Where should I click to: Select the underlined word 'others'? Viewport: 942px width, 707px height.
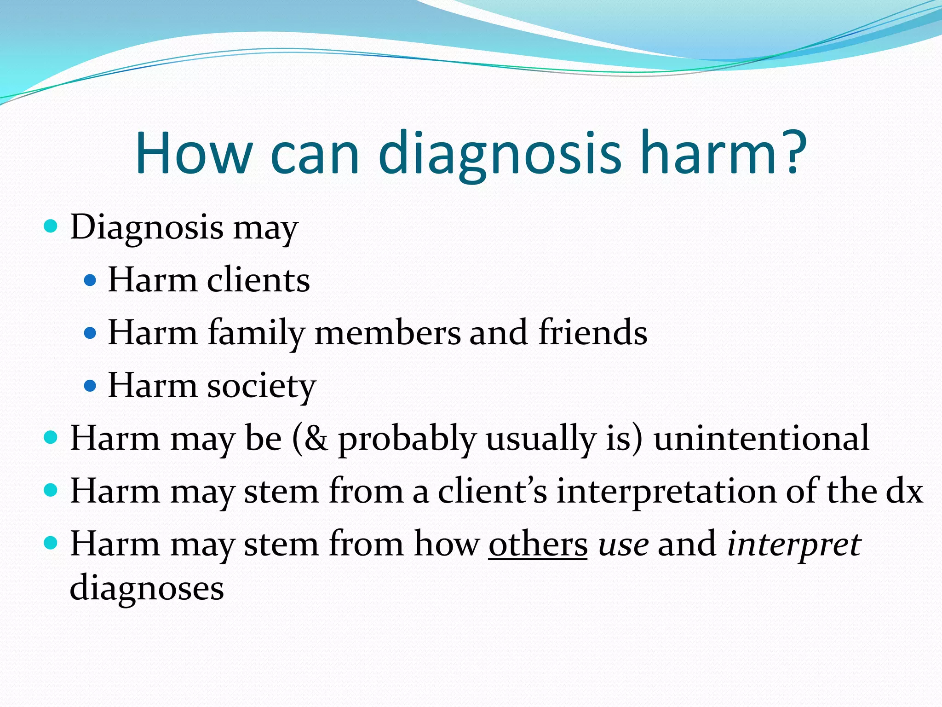(x=538, y=544)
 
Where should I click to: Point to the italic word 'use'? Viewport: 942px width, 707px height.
(x=623, y=545)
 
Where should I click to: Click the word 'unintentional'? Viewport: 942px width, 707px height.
(x=761, y=438)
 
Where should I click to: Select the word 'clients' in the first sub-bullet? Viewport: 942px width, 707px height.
(x=258, y=280)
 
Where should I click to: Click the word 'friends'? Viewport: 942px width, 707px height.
(x=593, y=332)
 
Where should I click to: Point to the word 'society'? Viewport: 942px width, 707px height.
(x=262, y=386)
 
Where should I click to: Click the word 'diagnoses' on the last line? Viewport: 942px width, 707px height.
(x=147, y=588)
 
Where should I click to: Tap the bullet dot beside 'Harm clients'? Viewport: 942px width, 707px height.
(x=91, y=280)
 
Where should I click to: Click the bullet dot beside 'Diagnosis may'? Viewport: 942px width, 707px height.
(x=51, y=226)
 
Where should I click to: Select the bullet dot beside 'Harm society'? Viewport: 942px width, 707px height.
(x=91, y=385)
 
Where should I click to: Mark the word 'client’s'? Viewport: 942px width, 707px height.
(x=492, y=491)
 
